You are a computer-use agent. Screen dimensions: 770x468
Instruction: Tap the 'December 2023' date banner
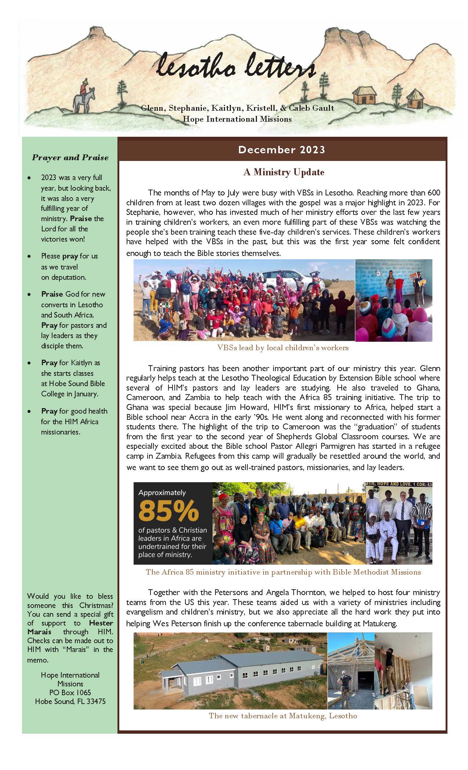(x=282, y=150)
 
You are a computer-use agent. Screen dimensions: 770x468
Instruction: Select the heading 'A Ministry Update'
(x=283, y=172)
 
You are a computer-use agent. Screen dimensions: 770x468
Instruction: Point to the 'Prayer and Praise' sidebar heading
(x=70, y=158)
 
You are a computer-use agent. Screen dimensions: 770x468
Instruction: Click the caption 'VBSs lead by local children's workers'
(x=283, y=348)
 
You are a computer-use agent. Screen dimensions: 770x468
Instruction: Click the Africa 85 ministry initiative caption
(x=283, y=572)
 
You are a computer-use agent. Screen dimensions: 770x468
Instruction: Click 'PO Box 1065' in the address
(x=70, y=693)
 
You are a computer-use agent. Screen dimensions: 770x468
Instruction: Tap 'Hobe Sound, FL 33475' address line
(x=70, y=701)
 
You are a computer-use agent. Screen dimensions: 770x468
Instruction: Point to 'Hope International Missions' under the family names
(x=237, y=119)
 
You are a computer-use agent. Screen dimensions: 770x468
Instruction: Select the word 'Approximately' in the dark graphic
(x=162, y=492)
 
